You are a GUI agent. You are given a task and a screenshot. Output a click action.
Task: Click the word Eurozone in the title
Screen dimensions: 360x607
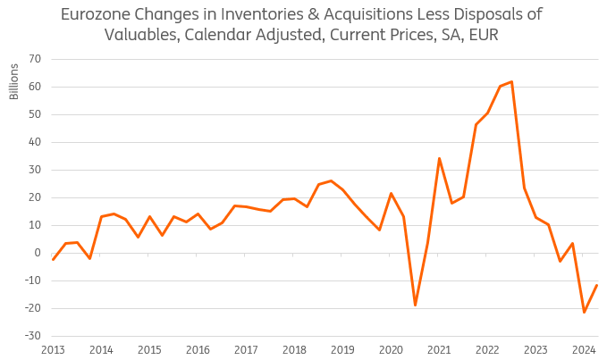tap(96, 14)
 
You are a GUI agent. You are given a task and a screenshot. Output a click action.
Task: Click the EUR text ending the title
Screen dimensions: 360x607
tap(479, 35)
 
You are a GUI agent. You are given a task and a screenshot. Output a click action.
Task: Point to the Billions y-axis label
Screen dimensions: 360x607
tap(14, 81)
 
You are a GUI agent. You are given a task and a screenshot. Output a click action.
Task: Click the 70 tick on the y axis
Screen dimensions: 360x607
tap(36, 59)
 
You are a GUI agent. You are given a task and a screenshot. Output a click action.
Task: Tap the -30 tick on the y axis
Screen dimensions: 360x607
tap(34, 336)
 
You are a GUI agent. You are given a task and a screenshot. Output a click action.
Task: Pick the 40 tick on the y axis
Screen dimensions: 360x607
tap(36, 142)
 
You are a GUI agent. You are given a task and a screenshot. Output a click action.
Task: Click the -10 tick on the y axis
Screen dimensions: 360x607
tap(34, 280)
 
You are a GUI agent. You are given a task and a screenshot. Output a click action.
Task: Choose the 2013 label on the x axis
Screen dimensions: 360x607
tap(53, 349)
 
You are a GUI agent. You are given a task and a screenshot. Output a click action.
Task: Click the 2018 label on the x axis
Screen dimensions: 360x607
tap(294, 349)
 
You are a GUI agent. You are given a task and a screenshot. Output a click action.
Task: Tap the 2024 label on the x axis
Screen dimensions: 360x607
tap(584, 349)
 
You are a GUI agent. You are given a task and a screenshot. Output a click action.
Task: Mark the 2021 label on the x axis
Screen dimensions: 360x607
tap(439, 349)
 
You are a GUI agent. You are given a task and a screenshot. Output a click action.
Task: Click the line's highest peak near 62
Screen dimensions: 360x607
tap(511, 81)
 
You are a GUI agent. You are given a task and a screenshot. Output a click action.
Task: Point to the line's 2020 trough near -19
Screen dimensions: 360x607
tap(415, 306)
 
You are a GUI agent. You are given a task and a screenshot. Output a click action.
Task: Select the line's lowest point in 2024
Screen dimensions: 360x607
tap(584, 312)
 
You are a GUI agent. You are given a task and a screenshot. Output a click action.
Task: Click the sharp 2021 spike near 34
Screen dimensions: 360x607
tap(439, 158)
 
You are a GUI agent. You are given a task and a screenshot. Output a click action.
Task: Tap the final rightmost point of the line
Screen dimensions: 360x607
tap(596, 285)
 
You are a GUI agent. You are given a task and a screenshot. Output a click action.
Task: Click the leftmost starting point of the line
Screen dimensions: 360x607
tap(53, 260)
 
